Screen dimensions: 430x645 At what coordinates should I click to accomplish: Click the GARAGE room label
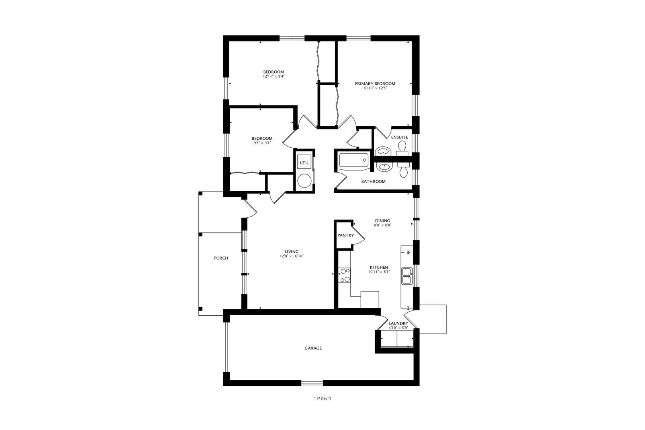click(313, 348)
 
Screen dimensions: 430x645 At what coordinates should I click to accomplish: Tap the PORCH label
click(221, 258)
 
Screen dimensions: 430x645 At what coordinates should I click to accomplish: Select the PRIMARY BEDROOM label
click(375, 84)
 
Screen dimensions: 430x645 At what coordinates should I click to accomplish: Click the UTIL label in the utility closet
click(304, 163)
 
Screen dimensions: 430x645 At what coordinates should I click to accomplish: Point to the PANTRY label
click(346, 235)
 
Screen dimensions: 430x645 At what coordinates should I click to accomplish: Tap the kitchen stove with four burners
click(344, 275)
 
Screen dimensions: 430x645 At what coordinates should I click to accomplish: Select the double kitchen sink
click(407, 276)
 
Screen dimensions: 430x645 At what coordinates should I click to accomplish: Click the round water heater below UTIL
click(305, 180)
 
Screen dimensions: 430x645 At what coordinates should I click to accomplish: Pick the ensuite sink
click(383, 151)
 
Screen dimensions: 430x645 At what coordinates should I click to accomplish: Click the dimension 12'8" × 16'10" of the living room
click(292, 256)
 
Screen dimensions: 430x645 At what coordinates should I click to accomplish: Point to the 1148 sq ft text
click(322, 398)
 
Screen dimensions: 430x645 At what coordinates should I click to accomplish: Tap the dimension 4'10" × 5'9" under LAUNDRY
click(398, 328)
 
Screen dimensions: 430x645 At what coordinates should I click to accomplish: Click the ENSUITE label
click(399, 137)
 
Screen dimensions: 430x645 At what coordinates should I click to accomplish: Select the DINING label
click(383, 221)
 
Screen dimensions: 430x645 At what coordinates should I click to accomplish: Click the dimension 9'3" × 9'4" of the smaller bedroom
click(262, 143)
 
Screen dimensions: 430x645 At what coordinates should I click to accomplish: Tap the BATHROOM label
click(373, 182)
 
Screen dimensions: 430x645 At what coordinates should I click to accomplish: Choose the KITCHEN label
click(379, 268)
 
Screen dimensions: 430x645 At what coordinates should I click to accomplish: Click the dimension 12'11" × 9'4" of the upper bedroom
click(274, 76)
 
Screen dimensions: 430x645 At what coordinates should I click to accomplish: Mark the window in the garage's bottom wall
click(312, 383)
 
